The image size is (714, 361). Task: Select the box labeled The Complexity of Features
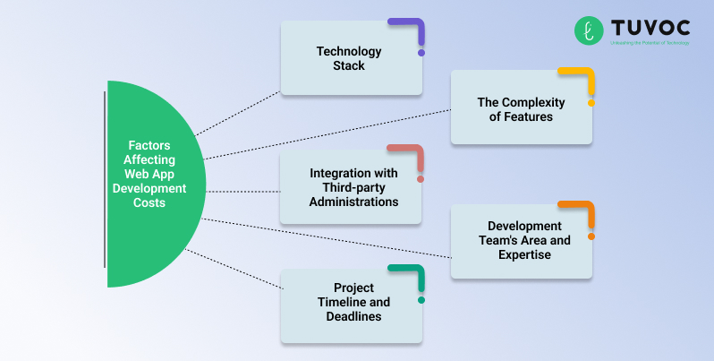[521, 108]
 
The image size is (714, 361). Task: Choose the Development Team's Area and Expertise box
[521, 241]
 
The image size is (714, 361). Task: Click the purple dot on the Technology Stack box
[421, 53]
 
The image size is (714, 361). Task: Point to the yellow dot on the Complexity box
[591, 103]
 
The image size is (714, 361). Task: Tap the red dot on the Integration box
[421, 179]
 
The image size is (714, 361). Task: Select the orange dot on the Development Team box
[591, 236]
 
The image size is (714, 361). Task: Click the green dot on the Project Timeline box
[421, 300]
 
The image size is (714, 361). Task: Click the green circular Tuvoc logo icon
[589, 30]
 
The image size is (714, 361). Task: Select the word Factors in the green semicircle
[149, 145]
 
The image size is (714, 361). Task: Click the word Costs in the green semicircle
[149, 203]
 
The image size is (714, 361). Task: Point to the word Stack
[348, 65]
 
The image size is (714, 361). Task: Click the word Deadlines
[349, 317]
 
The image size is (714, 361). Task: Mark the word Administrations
[353, 202]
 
